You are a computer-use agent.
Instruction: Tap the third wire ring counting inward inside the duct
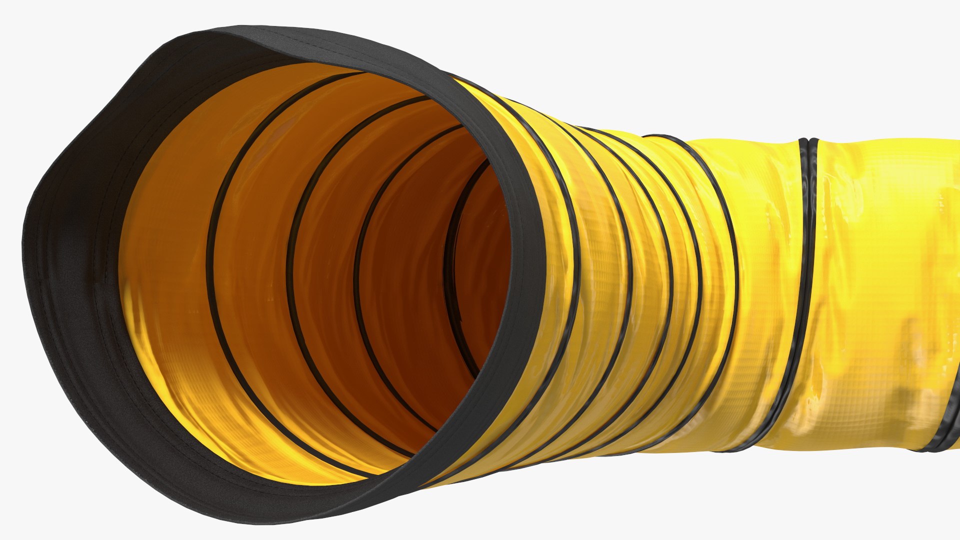[x=356, y=280]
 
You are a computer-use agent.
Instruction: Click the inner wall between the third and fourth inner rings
[x=400, y=280]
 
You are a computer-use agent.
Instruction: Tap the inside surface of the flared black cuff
[x=75, y=280]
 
